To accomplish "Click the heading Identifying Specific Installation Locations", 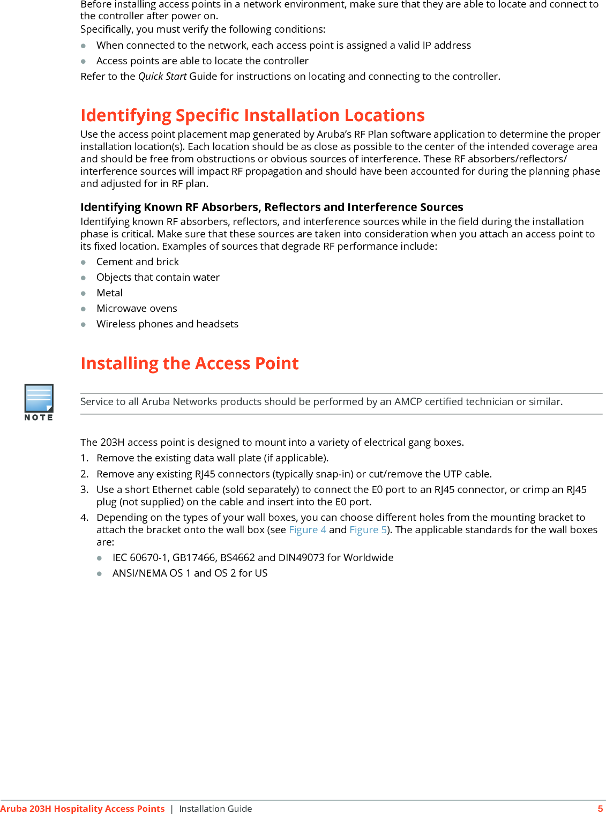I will click(x=252, y=116).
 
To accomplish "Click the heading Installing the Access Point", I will click(x=190, y=364).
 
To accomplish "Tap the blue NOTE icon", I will click(x=39, y=399).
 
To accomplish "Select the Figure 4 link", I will click(x=308, y=530).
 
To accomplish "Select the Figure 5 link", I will click(x=368, y=530).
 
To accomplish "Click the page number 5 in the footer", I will click(x=600, y=809).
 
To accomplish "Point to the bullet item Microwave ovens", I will click(x=137, y=309).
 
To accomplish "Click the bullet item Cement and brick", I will click(x=138, y=262).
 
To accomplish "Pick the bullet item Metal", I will click(x=109, y=293).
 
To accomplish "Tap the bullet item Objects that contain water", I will click(x=158, y=278).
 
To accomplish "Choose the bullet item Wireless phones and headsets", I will click(x=167, y=324).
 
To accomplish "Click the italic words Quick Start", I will click(x=162, y=77).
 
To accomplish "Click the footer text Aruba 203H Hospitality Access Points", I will click(x=83, y=809).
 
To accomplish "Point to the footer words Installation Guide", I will click(x=215, y=809).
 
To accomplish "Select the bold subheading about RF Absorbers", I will click(x=272, y=207).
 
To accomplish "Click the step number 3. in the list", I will click(x=84, y=490).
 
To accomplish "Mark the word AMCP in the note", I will click(x=408, y=402).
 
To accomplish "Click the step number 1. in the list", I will click(x=84, y=458).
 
